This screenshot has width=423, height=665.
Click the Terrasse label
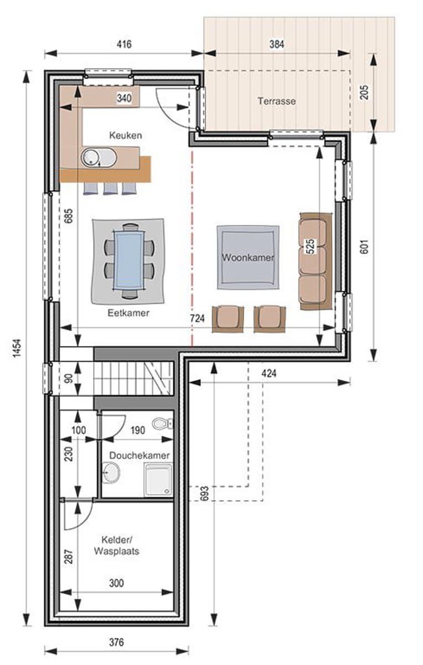276,101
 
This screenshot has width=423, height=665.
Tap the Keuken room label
125,135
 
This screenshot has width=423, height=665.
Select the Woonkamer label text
248,258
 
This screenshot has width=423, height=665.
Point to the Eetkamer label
128,313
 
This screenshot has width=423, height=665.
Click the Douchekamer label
139,455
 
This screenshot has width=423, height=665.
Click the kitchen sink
99,158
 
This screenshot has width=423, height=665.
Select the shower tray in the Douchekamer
158,480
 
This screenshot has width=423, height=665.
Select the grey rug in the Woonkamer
247,258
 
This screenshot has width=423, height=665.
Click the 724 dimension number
197,319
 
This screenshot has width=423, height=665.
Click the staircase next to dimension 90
133,378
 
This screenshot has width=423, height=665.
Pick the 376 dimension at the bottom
116,642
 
